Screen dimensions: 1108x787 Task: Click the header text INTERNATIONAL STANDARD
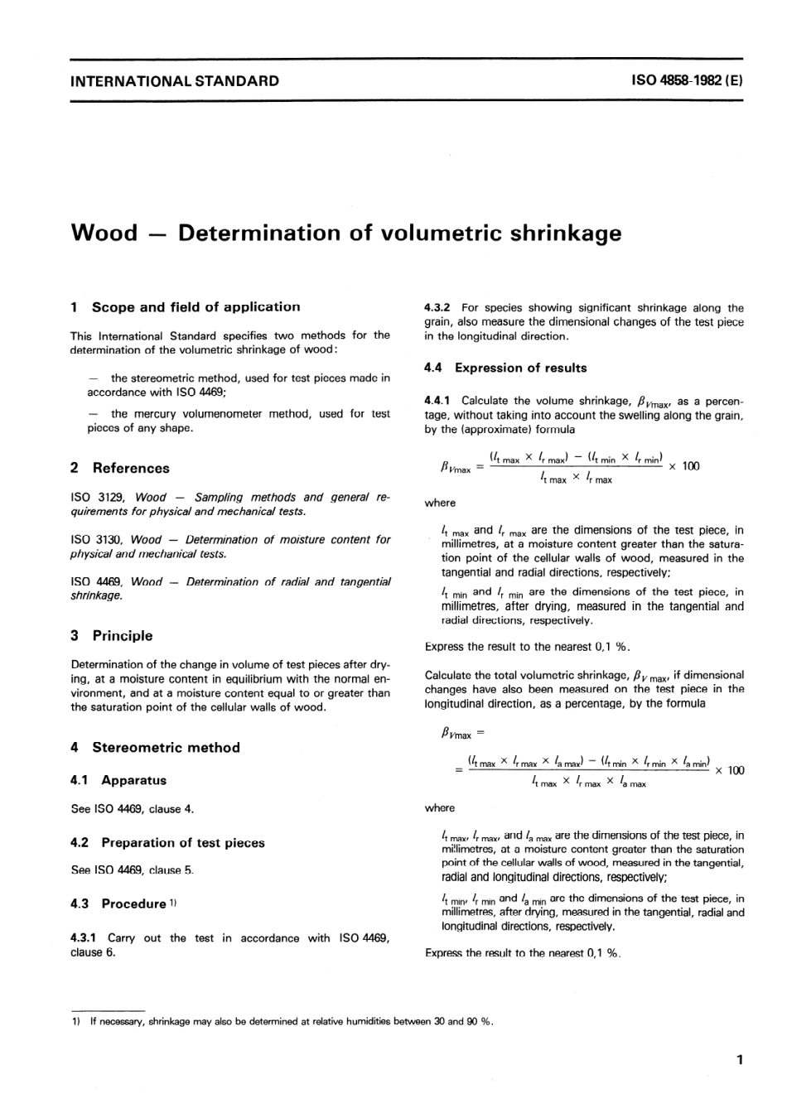click(175, 81)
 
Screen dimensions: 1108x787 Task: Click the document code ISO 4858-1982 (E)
click(687, 81)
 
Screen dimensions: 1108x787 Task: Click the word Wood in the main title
click(104, 233)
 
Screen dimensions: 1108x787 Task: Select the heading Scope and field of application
click(196, 307)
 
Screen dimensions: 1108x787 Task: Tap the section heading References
click(131, 468)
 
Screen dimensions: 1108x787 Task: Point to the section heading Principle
click(123, 636)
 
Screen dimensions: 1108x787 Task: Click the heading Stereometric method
click(166, 748)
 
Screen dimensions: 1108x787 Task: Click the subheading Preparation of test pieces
click(183, 843)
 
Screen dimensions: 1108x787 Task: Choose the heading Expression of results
click(520, 368)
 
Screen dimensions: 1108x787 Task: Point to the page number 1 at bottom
click(739, 1059)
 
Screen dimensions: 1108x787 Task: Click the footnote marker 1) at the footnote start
click(76, 1021)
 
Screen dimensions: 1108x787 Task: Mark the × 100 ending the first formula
click(684, 466)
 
